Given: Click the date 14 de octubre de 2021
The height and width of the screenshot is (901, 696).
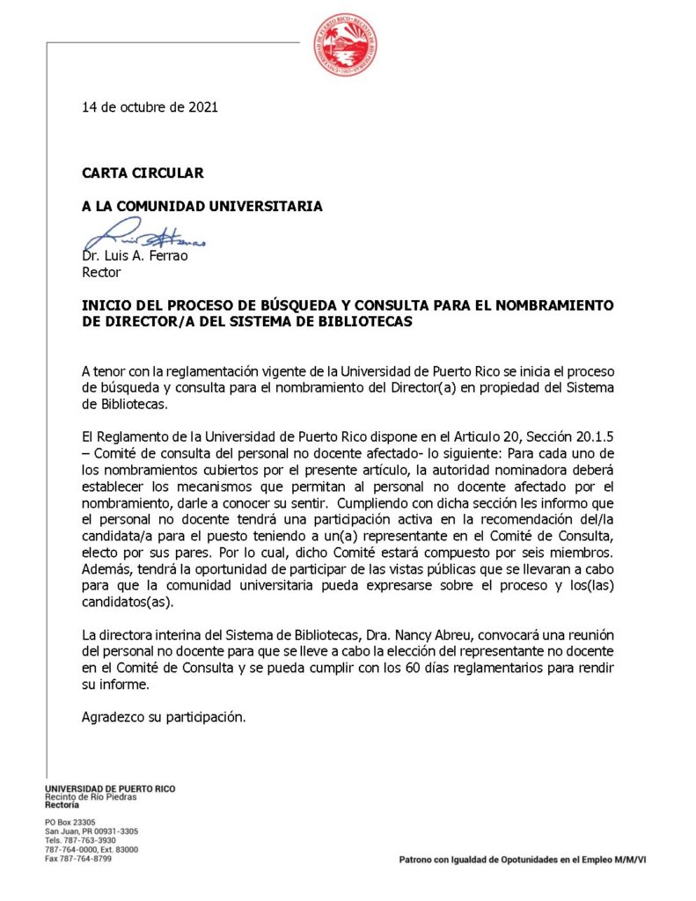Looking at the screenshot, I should click(150, 107).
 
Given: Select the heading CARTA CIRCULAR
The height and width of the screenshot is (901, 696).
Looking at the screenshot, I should click(143, 173).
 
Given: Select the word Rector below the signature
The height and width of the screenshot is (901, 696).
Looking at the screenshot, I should click(101, 272).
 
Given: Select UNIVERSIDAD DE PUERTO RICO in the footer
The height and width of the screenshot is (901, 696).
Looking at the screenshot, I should click(110, 789).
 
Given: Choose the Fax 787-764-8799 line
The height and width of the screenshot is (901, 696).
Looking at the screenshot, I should click(78, 859).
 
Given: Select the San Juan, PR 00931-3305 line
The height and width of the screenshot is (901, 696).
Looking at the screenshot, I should click(92, 831).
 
